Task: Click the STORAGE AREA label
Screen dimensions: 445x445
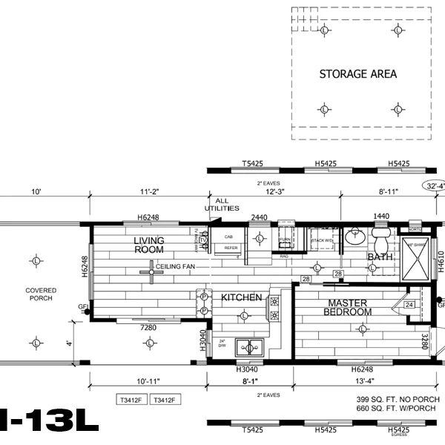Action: pos(357,74)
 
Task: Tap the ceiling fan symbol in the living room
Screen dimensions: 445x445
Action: pos(151,272)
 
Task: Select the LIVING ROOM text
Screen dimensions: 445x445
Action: pos(148,245)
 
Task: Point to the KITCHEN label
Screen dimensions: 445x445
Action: pos(241,297)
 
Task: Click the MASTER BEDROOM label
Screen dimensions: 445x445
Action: pos(347,307)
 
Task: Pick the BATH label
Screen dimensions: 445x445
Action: pos(379,257)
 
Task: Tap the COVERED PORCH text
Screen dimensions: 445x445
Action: pos(35,294)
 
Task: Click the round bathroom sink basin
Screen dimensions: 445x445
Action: pos(352,239)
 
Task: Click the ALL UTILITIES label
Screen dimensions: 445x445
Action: pos(227,205)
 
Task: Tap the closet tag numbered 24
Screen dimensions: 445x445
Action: pos(409,303)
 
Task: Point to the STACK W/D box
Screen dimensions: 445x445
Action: pos(322,241)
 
